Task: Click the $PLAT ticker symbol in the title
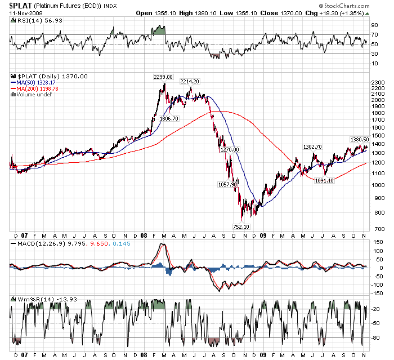[16, 5]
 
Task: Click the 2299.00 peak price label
[163, 77]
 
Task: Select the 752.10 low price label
[241, 226]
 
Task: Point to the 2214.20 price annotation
[190, 82]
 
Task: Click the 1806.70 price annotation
[169, 119]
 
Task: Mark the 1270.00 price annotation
[230, 149]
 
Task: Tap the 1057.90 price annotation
[228, 184]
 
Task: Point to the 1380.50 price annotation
[359, 140]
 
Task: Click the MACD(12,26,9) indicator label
[34, 243]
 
